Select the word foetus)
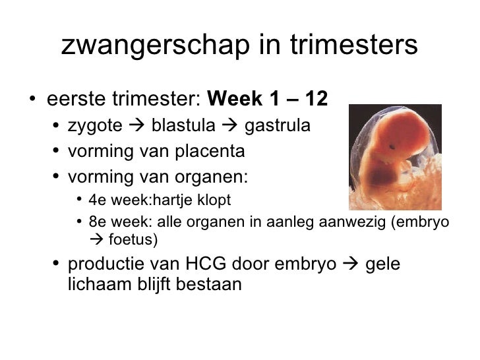point(131,239)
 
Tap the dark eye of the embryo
point(392,146)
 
